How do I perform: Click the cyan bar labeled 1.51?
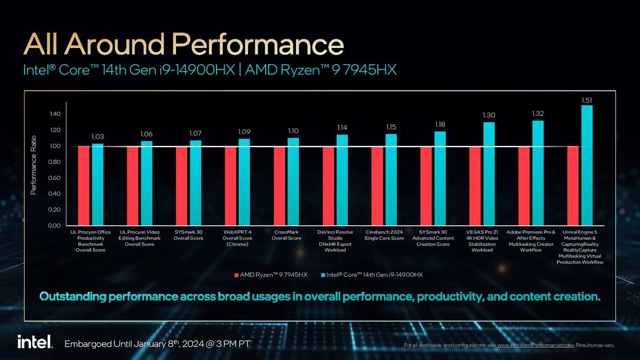(587, 165)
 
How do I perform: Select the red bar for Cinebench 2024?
(377, 186)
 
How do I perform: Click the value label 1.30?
(489, 115)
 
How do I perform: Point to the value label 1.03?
(98, 137)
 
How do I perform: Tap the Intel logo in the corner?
(35, 342)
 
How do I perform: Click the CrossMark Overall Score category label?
(286, 235)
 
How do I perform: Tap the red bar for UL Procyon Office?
(84, 186)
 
